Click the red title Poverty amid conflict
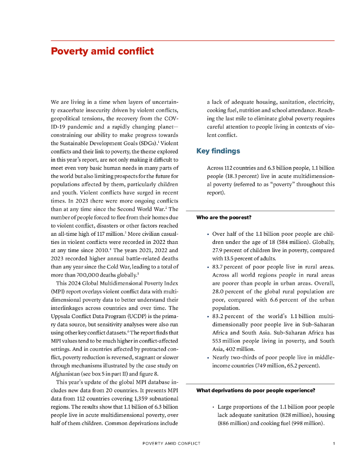click(102, 51)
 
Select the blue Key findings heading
click(218, 151)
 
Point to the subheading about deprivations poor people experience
click(256, 390)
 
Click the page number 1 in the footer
click(334, 443)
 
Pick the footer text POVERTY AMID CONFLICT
click(171, 443)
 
